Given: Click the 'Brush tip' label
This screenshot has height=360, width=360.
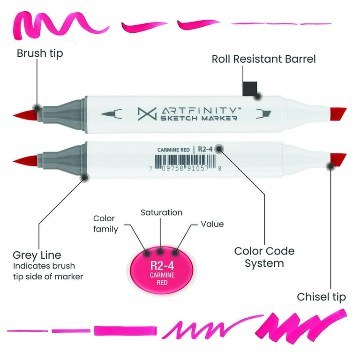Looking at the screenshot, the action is (x=40, y=54).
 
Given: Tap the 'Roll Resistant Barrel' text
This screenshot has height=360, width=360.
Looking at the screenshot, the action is (x=263, y=59).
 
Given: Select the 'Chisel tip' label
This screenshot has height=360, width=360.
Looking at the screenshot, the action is (x=321, y=297).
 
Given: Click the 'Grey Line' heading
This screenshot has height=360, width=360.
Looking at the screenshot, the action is (x=37, y=255).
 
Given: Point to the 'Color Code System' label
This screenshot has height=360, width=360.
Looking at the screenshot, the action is (x=264, y=257).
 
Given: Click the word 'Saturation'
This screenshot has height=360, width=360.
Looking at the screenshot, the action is (x=162, y=212).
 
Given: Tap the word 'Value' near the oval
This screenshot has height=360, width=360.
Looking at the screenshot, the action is (x=212, y=224).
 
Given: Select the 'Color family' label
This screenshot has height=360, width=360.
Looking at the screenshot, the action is (x=105, y=224).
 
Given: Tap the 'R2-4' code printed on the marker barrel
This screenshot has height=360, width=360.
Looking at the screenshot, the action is (x=205, y=149).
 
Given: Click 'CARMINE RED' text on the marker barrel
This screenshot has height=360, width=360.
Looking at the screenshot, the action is (x=173, y=150).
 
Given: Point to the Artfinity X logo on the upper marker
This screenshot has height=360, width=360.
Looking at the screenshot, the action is (x=147, y=113).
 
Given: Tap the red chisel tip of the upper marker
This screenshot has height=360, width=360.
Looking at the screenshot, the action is (x=338, y=115).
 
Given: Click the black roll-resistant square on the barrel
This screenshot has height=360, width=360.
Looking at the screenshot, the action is (x=250, y=89).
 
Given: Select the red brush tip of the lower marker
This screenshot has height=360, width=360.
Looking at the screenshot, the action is (x=25, y=160).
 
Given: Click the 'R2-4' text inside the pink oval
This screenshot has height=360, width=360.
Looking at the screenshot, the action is (x=162, y=266).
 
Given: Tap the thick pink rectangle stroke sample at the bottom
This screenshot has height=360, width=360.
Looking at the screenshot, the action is (x=125, y=331).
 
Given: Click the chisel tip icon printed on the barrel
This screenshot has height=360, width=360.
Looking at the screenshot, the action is (x=263, y=113).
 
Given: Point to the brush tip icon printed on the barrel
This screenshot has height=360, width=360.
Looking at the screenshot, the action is (x=112, y=114).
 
